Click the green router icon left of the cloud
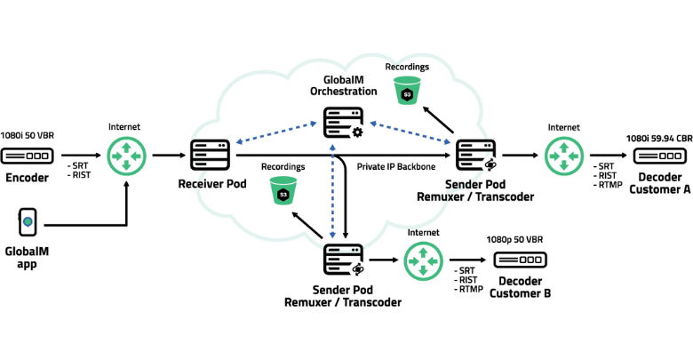pos(127,156)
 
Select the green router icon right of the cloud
pos(564,156)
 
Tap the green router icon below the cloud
pos(423,260)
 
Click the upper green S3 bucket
pos(407,90)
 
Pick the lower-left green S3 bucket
pos(283,190)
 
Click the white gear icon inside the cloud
pos(358,132)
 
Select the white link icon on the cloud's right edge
pos(490,164)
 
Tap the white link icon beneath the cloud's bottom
pos(358,268)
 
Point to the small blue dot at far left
pos(28,221)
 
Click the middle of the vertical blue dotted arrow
pos(332,190)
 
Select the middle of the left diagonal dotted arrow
pos(276,132)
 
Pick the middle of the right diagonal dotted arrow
pos(410,132)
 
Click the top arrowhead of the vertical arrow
pos(332,147)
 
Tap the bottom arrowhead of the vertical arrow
pos(332,235)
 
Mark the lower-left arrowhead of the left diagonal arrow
pos(239,141)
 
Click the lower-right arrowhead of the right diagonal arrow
pos(447,141)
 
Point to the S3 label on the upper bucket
pos(407,94)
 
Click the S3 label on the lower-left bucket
pos(283,195)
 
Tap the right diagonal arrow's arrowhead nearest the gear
pos(373,123)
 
